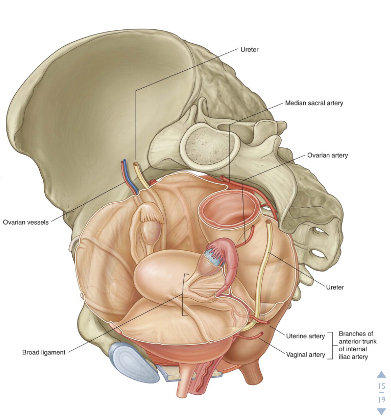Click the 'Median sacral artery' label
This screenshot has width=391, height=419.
pyautogui.click(x=314, y=103)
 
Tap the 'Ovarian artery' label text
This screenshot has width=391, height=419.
pyautogui.click(x=327, y=156)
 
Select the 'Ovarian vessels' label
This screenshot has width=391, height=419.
pyautogui.click(x=26, y=222)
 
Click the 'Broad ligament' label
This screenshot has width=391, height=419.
pyautogui.click(x=44, y=352)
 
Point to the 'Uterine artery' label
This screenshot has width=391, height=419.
pyautogui.click(x=305, y=336)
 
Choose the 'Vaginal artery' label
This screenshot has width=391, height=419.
pyautogui.click(x=305, y=355)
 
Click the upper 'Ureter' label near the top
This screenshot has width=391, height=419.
pyautogui.click(x=249, y=50)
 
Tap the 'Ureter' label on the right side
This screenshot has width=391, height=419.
pyautogui.click(x=335, y=287)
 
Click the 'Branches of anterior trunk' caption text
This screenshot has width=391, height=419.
pyautogui.click(x=357, y=345)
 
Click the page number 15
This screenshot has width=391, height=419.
pyautogui.click(x=381, y=387)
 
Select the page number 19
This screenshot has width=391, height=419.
pyautogui.click(x=381, y=400)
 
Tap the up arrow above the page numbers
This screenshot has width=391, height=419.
pyautogui.click(x=381, y=375)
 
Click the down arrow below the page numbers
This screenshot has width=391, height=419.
pyautogui.click(x=381, y=411)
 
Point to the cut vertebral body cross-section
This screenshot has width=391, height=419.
pyautogui.click(x=209, y=143)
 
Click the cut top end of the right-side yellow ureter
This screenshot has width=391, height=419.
pyautogui.click(x=269, y=222)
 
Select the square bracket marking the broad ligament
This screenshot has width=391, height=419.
pyautogui.click(x=184, y=295)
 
